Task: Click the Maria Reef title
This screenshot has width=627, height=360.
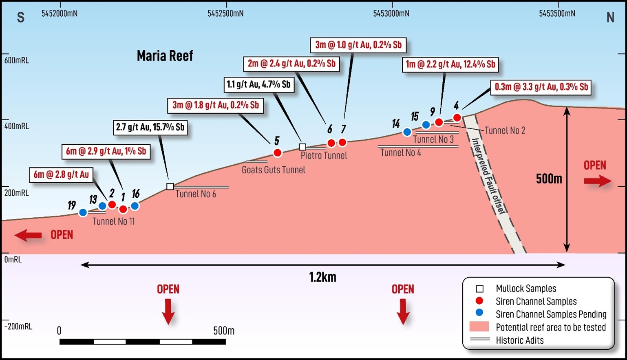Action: (x=165, y=56)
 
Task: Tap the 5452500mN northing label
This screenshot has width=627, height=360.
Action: (x=225, y=13)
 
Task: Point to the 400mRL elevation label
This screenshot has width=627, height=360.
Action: (x=17, y=126)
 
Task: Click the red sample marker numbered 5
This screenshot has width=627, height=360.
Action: (x=277, y=153)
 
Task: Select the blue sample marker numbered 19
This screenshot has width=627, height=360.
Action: (x=83, y=212)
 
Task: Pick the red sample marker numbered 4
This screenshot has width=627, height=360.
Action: (x=457, y=118)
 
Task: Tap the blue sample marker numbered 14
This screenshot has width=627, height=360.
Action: (x=407, y=132)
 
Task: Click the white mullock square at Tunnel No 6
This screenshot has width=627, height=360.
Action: (x=170, y=186)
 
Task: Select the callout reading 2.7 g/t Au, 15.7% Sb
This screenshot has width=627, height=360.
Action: (x=150, y=127)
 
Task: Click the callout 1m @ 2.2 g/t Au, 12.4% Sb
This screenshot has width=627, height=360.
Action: (x=450, y=64)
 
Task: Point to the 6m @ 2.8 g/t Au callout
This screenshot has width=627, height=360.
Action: (x=61, y=175)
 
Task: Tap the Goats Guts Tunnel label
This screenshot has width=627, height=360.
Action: (x=273, y=170)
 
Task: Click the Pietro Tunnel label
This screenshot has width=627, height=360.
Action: (x=324, y=155)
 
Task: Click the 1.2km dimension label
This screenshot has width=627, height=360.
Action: (x=322, y=277)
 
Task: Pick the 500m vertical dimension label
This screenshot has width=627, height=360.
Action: (x=549, y=179)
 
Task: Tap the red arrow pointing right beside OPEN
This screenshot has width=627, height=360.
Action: (x=597, y=181)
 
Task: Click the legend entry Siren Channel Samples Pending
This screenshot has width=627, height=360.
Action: (x=551, y=314)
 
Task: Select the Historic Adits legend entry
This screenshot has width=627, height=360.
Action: (x=519, y=340)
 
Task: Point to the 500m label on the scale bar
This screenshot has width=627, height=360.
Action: (x=224, y=331)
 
